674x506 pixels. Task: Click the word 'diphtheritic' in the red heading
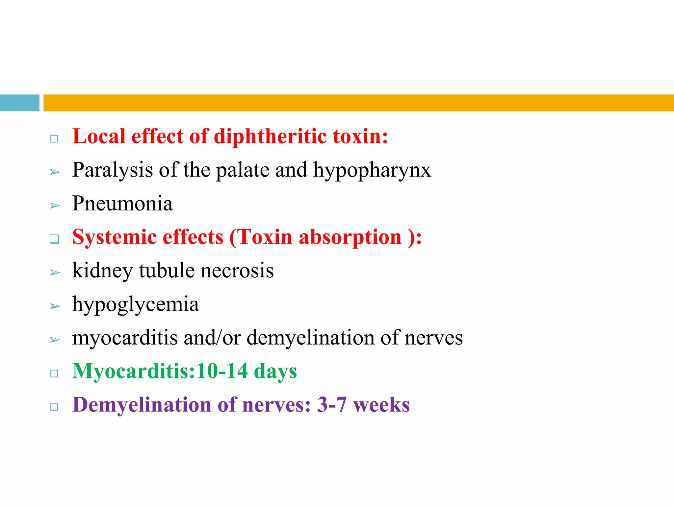(270, 137)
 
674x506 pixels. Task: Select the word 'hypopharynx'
(372, 170)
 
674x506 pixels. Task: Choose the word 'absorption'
(350, 237)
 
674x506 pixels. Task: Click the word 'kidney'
(102, 271)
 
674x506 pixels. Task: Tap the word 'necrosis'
(237, 271)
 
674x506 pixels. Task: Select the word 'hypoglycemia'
(136, 305)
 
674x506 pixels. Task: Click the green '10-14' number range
(222, 371)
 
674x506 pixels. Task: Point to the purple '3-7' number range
(332, 405)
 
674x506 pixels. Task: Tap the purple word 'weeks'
(381, 405)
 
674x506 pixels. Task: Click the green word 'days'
(275, 372)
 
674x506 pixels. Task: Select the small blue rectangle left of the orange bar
(19, 103)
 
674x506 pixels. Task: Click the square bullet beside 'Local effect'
(54, 139)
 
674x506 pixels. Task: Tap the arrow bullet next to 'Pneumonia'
(55, 206)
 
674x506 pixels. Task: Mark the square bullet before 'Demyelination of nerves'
(54, 407)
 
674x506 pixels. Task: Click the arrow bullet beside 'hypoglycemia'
(55, 307)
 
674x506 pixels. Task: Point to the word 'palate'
(243, 170)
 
